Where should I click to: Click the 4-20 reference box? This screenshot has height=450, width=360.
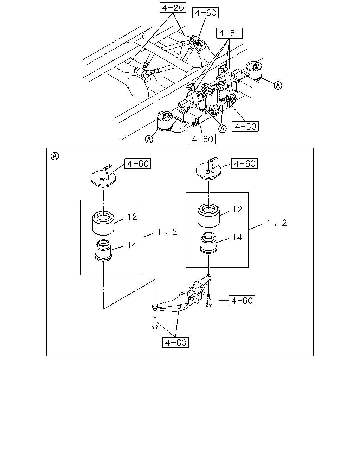point(173,8)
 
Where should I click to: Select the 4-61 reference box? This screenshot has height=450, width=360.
point(230,33)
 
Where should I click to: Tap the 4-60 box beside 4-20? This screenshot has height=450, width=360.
point(205,13)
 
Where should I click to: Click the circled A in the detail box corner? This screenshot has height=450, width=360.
point(55,156)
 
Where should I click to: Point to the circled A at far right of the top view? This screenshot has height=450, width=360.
point(278,85)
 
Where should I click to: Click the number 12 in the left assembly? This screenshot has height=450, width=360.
point(132,217)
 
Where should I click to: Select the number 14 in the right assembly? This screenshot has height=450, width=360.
point(237,238)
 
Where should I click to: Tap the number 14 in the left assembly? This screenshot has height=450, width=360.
point(132,245)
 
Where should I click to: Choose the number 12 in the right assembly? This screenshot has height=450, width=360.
point(237,209)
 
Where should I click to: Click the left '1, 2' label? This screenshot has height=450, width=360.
point(167,232)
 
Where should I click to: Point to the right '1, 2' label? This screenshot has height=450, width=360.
point(277,223)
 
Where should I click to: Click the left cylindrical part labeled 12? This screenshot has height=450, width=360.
point(103,224)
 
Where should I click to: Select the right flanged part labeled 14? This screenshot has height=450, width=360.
point(208,243)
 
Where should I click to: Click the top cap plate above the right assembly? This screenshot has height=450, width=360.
point(208,169)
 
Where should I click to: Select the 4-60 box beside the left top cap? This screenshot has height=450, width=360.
point(138,163)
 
